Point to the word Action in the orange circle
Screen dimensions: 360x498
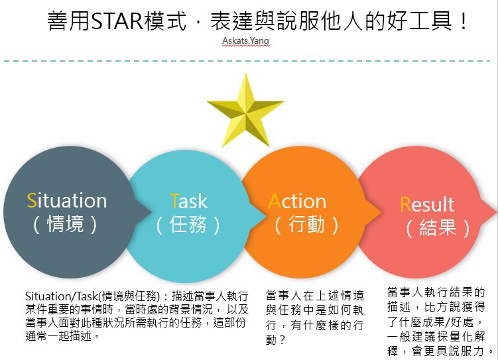point(297,201)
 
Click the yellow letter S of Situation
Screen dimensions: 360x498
point(32,200)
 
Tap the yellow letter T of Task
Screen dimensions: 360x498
point(174,201)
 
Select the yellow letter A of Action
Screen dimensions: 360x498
point(275,201)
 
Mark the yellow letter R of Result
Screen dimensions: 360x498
point(405,204)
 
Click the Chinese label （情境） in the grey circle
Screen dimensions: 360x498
point(66,224)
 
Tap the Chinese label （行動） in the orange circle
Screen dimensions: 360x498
point(306,224)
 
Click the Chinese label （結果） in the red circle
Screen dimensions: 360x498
point(438,227)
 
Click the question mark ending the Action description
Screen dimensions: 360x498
point(283,340)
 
